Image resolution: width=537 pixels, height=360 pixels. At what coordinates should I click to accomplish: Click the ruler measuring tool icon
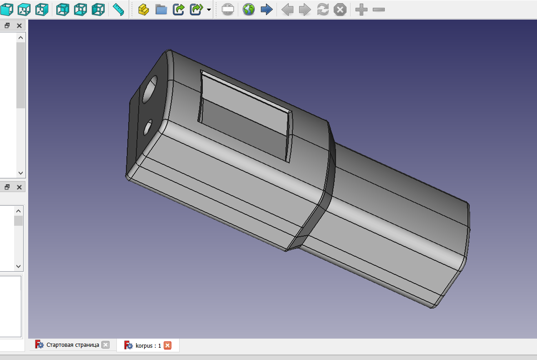point(118,9)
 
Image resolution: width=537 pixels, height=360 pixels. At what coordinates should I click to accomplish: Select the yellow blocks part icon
point(143,9)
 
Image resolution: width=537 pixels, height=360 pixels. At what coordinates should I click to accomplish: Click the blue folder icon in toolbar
point(161,9)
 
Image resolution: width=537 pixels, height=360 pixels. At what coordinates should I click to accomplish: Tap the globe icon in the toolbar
point(248,9)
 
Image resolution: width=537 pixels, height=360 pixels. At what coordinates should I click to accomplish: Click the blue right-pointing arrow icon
point(266,9)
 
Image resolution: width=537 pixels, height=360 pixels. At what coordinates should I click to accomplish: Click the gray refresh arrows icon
point(322,9)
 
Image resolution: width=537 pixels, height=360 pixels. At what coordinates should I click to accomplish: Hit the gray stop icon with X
point(340,9)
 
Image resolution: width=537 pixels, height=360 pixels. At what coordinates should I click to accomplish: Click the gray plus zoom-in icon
point(361,9)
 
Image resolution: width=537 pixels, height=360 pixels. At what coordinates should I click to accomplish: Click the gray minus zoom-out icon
point(378,9)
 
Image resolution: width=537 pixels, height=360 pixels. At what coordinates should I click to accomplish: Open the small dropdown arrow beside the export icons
point(209,10)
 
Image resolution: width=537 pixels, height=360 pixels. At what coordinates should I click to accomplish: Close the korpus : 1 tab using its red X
point(167,345)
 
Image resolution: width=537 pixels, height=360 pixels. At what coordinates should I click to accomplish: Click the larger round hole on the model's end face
point(150,90)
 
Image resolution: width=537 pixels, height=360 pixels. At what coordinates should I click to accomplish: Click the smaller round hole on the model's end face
point(148,127)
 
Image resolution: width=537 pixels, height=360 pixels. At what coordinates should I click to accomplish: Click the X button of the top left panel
point(19,25)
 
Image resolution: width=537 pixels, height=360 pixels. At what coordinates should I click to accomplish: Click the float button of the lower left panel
point(7,187)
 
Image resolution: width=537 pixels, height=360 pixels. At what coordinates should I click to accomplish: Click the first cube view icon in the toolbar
point(7,9)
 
